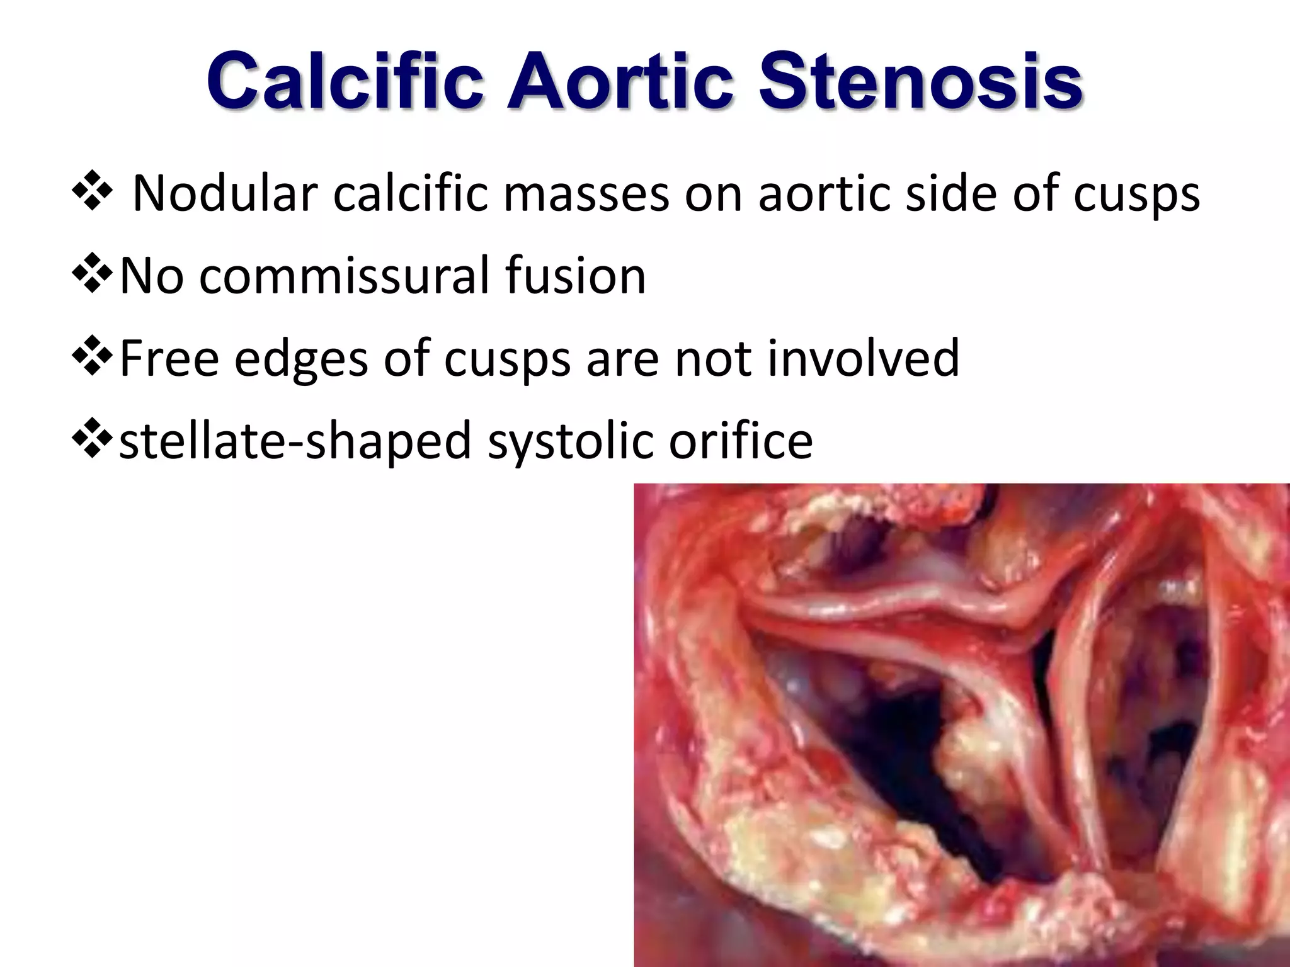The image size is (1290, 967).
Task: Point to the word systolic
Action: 570,441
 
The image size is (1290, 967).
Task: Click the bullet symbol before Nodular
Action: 92,193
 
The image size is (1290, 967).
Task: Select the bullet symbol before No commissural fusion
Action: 92,275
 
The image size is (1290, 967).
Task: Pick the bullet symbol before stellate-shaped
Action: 92,440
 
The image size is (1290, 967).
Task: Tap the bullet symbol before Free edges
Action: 92,357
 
